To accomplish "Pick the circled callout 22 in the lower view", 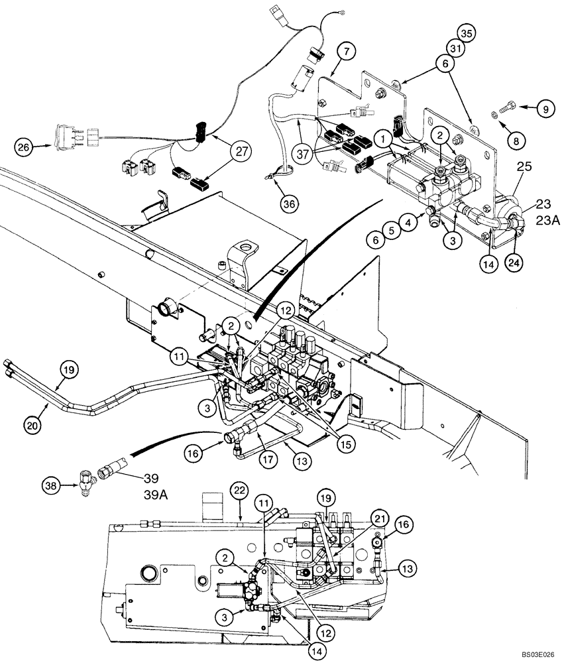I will click(240, 490).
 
